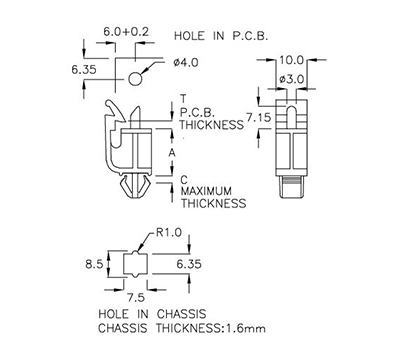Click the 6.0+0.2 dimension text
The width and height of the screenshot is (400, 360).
tap(127, 32)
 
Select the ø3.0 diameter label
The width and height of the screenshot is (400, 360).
tap(291, 78)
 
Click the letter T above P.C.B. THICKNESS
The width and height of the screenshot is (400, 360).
tap(182, 98)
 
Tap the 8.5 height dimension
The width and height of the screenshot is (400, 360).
tap(93, 264)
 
